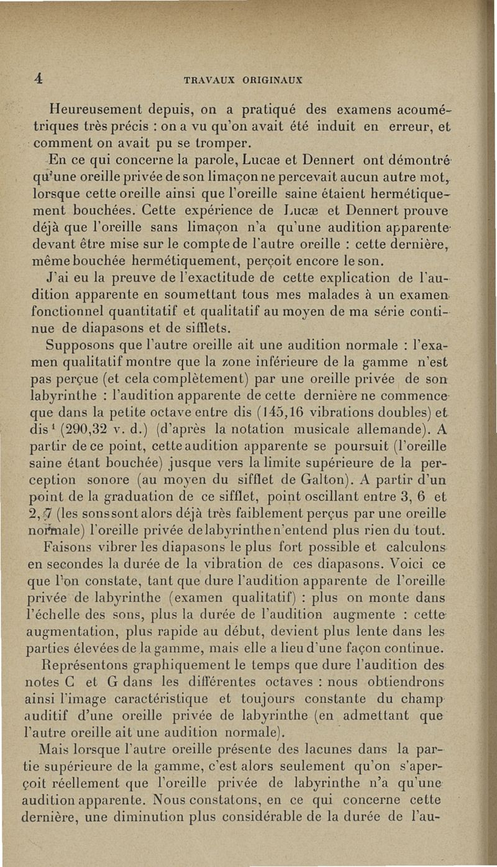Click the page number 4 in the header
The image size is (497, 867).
(x=39, y=78)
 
